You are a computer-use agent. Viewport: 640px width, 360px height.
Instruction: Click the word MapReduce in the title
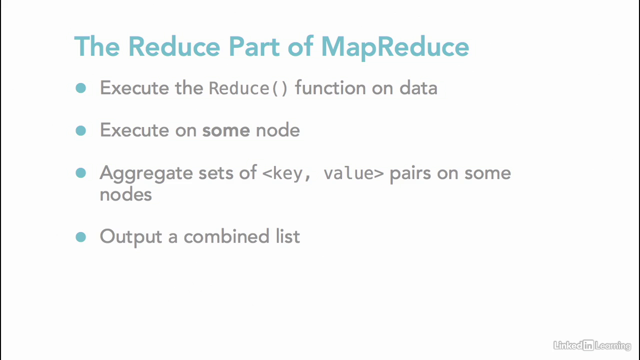tap(395, 47)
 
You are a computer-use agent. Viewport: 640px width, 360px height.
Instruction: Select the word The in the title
tap(96, 47)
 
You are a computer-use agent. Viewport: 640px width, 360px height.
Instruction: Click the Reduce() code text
tap(248, 88)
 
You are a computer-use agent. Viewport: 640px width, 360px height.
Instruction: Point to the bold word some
tap(225, 130)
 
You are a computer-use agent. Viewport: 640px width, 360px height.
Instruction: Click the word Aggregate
tap(146, 173)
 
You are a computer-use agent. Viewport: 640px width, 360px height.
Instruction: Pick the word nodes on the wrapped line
tap(125, 194)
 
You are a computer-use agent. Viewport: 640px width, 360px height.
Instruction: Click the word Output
tap(131, 236)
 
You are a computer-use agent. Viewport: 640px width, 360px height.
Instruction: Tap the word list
tap(287, 236)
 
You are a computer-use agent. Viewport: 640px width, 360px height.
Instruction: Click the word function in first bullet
tap(330, 88)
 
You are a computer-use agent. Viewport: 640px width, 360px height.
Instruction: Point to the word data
tap(418, 88)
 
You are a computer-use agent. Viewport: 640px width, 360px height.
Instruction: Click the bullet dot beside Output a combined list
tap(81, 236)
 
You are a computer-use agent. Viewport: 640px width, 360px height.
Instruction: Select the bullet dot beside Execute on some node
tap(81, 130)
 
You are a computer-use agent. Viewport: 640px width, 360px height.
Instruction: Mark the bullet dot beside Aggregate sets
tap(81, 173)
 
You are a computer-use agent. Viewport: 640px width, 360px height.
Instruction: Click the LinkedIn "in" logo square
tap(588, 345)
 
